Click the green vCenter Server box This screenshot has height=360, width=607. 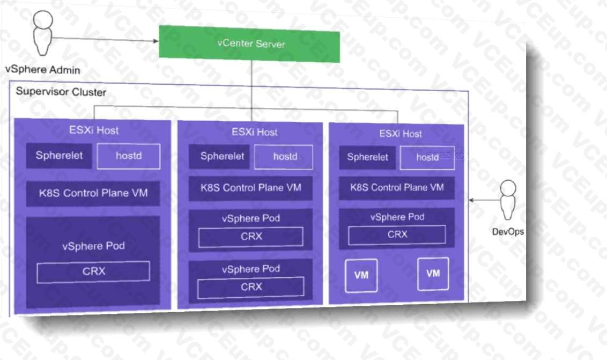(249, 43)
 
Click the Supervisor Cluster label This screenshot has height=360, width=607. (61, 91)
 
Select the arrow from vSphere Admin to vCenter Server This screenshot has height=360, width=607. (107, 40)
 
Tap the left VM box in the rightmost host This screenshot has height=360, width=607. (361, 275)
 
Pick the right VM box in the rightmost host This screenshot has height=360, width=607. (433, 274)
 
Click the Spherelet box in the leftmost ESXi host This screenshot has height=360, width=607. (59, 156)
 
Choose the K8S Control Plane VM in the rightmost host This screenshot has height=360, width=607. (397, 188)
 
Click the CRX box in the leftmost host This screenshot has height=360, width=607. (93, 271)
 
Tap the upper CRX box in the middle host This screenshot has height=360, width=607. (250, 237)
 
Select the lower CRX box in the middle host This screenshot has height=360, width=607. (250, 287)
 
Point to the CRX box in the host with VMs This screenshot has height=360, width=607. (397, 234)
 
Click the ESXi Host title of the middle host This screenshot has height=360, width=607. (254, 132)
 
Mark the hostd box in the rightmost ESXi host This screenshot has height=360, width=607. (427, 157)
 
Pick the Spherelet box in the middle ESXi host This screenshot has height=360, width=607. (221, 157)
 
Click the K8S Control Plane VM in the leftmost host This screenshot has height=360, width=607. (93, 193)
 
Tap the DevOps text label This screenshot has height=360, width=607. (508, 232)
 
